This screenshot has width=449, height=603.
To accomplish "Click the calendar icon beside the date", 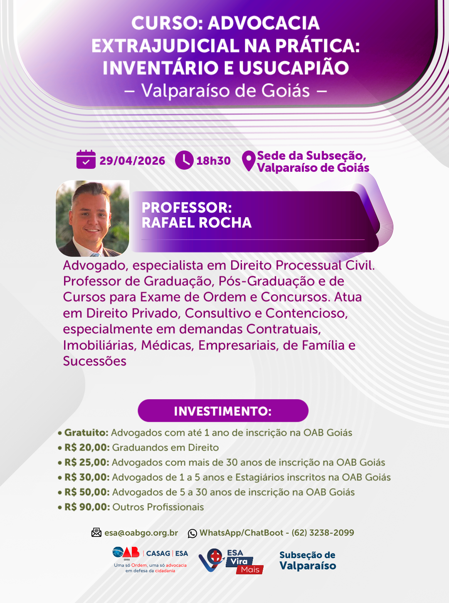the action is [x=86, y=159].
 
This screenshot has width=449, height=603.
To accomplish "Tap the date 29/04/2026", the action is [x=132, y=161].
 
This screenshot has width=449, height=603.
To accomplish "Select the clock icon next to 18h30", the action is [x=184, y=160].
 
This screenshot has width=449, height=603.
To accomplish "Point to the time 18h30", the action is [x=214, y=161].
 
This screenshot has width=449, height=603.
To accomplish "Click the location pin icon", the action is [x=249, y=161].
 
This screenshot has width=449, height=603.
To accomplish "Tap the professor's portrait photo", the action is [x=92, y=218].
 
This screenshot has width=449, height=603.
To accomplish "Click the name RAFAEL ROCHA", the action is [x=197, y=222].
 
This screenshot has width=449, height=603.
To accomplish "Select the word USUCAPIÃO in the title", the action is [x=294, y=68].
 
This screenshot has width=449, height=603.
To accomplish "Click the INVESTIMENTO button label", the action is [x=223, y=411].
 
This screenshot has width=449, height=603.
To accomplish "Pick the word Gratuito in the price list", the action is [x=86, y=432].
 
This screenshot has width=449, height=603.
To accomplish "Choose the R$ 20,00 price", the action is [x=87, y=447].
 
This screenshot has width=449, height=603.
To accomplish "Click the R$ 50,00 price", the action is [x=87, y=492].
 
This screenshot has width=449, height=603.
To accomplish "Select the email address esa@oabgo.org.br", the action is [x=141, y=533].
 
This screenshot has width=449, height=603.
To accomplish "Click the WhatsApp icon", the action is [x=192, y=534].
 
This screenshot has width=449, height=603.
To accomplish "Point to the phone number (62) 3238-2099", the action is [x=323, y=533].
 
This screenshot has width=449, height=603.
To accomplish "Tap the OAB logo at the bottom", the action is [x=126, y=553].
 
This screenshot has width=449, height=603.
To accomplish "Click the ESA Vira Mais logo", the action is [x=231, y=561].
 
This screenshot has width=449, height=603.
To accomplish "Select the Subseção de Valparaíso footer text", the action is [x=308, y=561].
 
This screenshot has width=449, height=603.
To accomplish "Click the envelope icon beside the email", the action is [x=96, y=533].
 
